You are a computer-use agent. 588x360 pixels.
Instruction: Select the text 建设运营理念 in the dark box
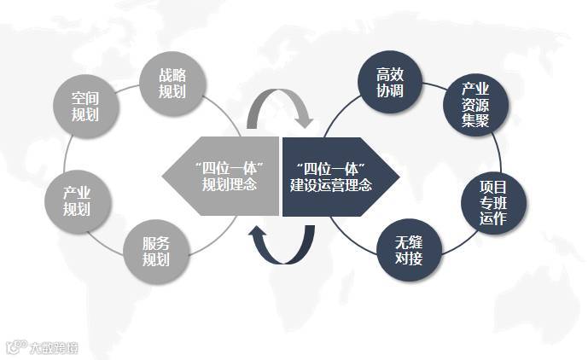click(330, 183)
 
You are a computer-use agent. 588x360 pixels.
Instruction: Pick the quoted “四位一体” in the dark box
click(330, 165)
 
